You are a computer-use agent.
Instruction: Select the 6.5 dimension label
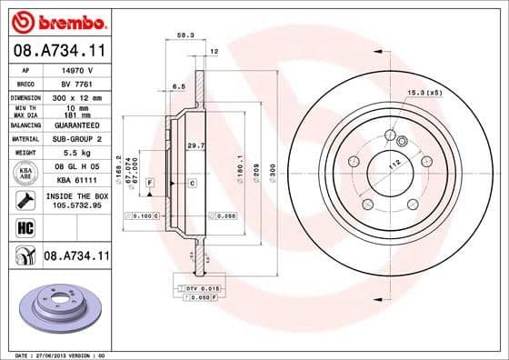(x=179, y=87)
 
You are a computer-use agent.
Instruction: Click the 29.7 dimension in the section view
(x=194, y=145)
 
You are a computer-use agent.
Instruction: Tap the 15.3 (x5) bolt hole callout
(x=424, y=93)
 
